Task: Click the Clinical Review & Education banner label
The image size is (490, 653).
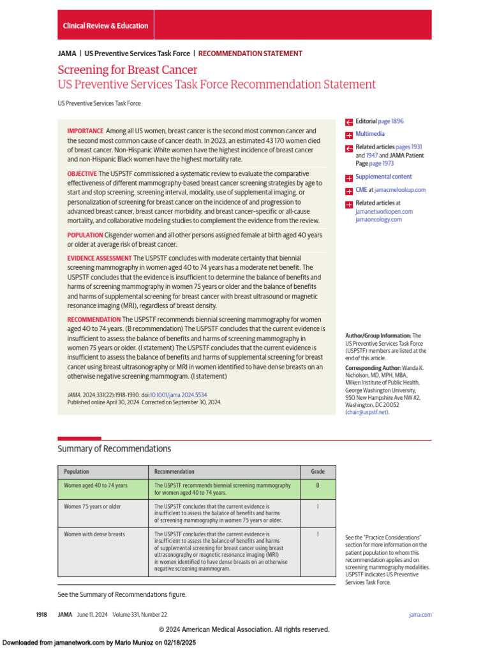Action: click(105, 26)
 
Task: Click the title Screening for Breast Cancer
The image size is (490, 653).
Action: click(128, 70)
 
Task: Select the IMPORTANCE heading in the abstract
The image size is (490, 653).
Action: click(85, 131)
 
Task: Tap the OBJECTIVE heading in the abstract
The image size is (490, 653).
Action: click(82, 173)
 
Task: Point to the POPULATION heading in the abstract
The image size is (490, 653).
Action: click(85, 235)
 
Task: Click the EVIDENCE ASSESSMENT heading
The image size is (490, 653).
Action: click(99, 258)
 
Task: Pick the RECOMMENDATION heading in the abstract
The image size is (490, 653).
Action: click(94, 319)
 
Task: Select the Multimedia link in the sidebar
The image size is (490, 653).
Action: click(370, 134)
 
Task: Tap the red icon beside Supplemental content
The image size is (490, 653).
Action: click(349, 178)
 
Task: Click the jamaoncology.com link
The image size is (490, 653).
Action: click(378, 219)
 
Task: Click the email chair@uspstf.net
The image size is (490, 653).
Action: click(366, 412)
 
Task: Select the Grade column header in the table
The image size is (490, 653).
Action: click(317, 472)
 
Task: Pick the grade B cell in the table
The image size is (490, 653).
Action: click(317, 485)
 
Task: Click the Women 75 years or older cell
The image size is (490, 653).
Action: click(93, 506)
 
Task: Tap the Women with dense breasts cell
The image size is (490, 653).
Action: click(94, 534)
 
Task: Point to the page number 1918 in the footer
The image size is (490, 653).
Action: click(41, 615)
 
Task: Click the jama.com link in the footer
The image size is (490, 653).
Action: click(420, 615)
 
